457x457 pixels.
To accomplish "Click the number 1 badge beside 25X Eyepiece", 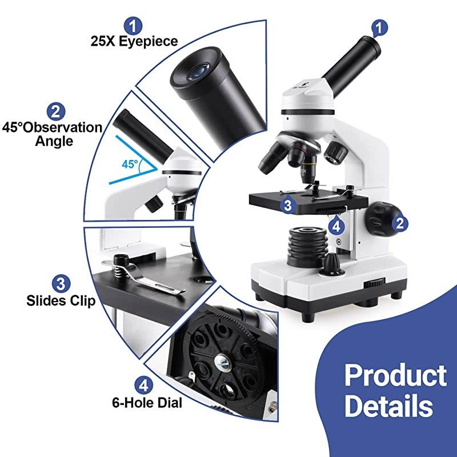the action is [133, 26].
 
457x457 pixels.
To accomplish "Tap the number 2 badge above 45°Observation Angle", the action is [55, 111].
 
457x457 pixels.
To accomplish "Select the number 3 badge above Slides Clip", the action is [61, 283].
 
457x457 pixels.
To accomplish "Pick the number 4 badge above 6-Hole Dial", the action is [143, 386].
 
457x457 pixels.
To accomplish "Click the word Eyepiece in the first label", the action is [148, 42].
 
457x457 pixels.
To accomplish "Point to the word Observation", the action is [62, 127].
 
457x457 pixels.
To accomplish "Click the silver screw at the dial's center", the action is [223, 362].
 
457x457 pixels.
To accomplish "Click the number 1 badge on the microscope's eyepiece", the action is [379, 28].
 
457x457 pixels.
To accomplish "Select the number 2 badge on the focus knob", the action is [400, 223].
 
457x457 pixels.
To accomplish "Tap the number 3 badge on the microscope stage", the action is [288, 205].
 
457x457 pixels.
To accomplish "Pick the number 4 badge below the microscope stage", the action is [336, 226].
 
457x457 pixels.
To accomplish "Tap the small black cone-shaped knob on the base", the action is [332, 263].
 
